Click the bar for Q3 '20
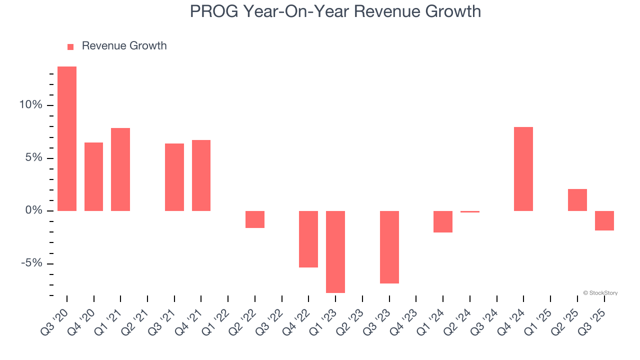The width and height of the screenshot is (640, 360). pos(67,138)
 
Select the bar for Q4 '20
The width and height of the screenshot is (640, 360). pos(93,176)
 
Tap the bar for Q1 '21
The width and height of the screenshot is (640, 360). pos(120,169)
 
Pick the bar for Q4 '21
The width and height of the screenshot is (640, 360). pos(201,175)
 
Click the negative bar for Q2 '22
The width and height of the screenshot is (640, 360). pos(255,219)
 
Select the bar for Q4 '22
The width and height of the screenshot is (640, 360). pos(308,239)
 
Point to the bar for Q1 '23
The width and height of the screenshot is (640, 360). pos(335,251)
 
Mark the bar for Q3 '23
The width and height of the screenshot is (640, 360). pos(389,247)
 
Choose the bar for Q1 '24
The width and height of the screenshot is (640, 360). pos(443,221)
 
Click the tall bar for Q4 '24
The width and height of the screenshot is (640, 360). pos(523,169)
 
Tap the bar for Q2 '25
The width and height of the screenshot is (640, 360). pos(577,200)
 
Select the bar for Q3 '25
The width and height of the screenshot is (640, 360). pos(604,220)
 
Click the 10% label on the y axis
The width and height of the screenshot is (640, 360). pos(31,105)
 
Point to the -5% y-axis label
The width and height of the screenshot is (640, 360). pos(31,264)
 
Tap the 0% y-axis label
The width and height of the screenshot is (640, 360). pos(34,211)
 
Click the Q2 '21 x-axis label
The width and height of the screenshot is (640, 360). pos(138,315)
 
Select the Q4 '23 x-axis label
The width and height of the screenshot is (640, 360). pos(407,315)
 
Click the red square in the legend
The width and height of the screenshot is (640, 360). pos(70,46)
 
